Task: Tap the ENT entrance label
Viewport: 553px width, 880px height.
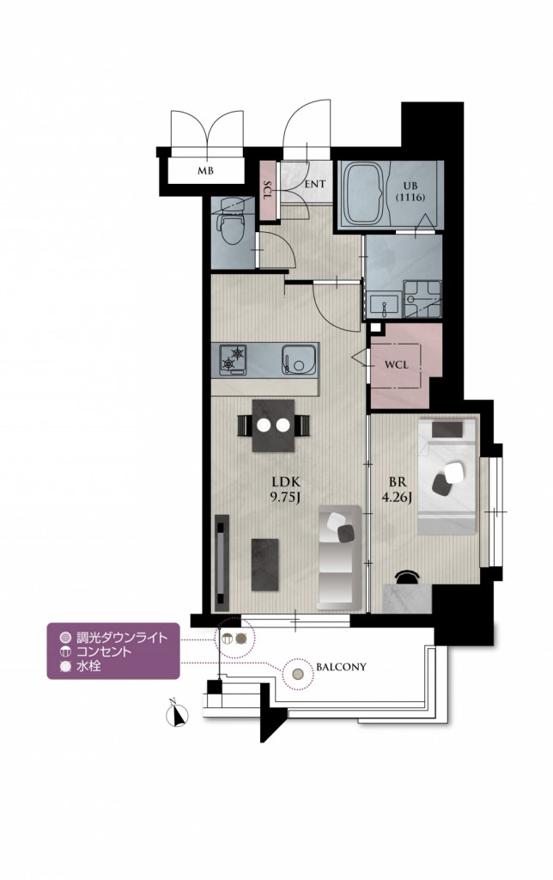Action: click(x=315, y=184)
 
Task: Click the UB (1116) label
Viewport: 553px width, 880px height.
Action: click(x=408, y=192)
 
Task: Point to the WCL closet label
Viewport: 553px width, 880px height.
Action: click(x=397, y=364)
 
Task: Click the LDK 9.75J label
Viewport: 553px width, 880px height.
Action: click(x=286, y=490)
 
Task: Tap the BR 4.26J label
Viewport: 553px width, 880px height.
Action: click(x=401, y=490)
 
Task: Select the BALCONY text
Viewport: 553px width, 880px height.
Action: click(x=341, y=667)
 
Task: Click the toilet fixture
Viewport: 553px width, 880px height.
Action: click(x=231, y=223)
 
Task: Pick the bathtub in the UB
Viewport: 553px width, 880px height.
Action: click(x=365, y=193)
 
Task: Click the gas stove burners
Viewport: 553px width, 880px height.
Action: click(x=233, y=358)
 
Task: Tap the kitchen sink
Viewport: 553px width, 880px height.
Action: click(x=298, y=358)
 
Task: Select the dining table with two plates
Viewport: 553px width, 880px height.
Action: click(x=273, y=425)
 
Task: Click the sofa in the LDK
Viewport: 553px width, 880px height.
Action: click(x=338, y=557)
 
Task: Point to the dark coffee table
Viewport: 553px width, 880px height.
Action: click(x=264, y=565)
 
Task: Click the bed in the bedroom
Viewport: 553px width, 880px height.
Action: click(x=447, y=476)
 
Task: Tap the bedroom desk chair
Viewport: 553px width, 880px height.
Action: click(x=407, y=577)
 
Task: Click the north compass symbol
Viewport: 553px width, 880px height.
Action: click(x=178, y=714)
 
